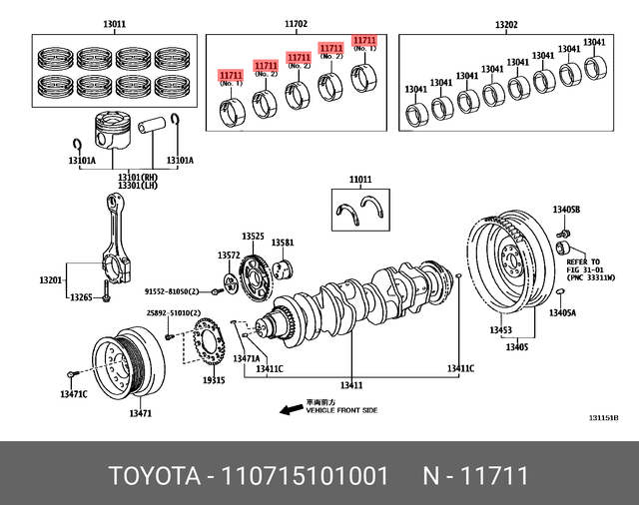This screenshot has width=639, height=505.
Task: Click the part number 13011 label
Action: click(x=115, y=23)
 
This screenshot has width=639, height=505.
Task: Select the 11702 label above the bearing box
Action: click(x=297, y=23)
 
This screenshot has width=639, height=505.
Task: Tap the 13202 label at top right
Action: click(x=506, y=23)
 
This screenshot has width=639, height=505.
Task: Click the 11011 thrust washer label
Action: click(x=360, y=180)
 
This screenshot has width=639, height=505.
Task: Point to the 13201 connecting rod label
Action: click(x=51, y=281)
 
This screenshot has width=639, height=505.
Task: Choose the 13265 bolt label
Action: click(x=82, y=297)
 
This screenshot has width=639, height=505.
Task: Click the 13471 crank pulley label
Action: click(x=141, y=413)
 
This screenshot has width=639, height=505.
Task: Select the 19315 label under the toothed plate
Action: click(x=214, y=380)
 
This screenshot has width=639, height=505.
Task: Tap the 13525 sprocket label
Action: click(x=253, y=236)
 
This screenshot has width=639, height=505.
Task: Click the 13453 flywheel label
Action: click(x=501, y=330)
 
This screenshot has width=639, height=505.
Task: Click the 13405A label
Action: click(x=562, y=312)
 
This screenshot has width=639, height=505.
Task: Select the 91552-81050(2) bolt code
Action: click(x=179, y=291)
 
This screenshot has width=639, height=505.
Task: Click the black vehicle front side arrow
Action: click(x=291, y=409)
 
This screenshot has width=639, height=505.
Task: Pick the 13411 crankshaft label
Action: click(x=351, y=384)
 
